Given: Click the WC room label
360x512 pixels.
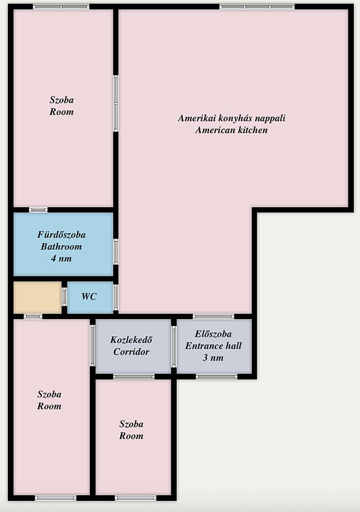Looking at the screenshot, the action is point(89,296).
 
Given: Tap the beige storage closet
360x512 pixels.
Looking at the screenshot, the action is point(37,297).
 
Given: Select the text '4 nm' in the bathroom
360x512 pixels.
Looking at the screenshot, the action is point(61,258).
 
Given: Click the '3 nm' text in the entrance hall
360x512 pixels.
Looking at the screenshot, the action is point(213,358).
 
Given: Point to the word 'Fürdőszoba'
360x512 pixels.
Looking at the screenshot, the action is point(61,234).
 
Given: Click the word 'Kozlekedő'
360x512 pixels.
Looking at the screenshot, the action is point(131,340).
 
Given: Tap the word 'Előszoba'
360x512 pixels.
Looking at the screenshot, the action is point(213,334).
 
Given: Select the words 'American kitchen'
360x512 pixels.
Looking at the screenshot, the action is point(231,130).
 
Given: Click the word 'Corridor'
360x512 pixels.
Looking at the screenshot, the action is point(131,352).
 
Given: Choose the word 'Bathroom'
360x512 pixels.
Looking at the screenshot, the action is point(61,247).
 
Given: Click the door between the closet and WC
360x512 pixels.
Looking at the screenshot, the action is point(64,297).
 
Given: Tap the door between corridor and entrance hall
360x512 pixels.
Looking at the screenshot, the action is point(174,346).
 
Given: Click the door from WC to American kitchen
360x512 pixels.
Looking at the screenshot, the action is point(115,297).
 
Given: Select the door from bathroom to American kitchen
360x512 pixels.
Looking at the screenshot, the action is point(115,252).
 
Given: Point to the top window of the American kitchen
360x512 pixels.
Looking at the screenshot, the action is point(257,6).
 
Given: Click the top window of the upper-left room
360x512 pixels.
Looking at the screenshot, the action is point(61,6).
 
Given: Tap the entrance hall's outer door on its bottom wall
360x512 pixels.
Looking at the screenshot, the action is point(216,376).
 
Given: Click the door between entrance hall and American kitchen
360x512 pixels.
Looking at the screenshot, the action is point(214,316).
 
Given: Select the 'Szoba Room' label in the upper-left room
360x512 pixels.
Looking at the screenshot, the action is point(62,106).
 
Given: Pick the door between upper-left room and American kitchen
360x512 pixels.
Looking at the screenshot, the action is point(115,104).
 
